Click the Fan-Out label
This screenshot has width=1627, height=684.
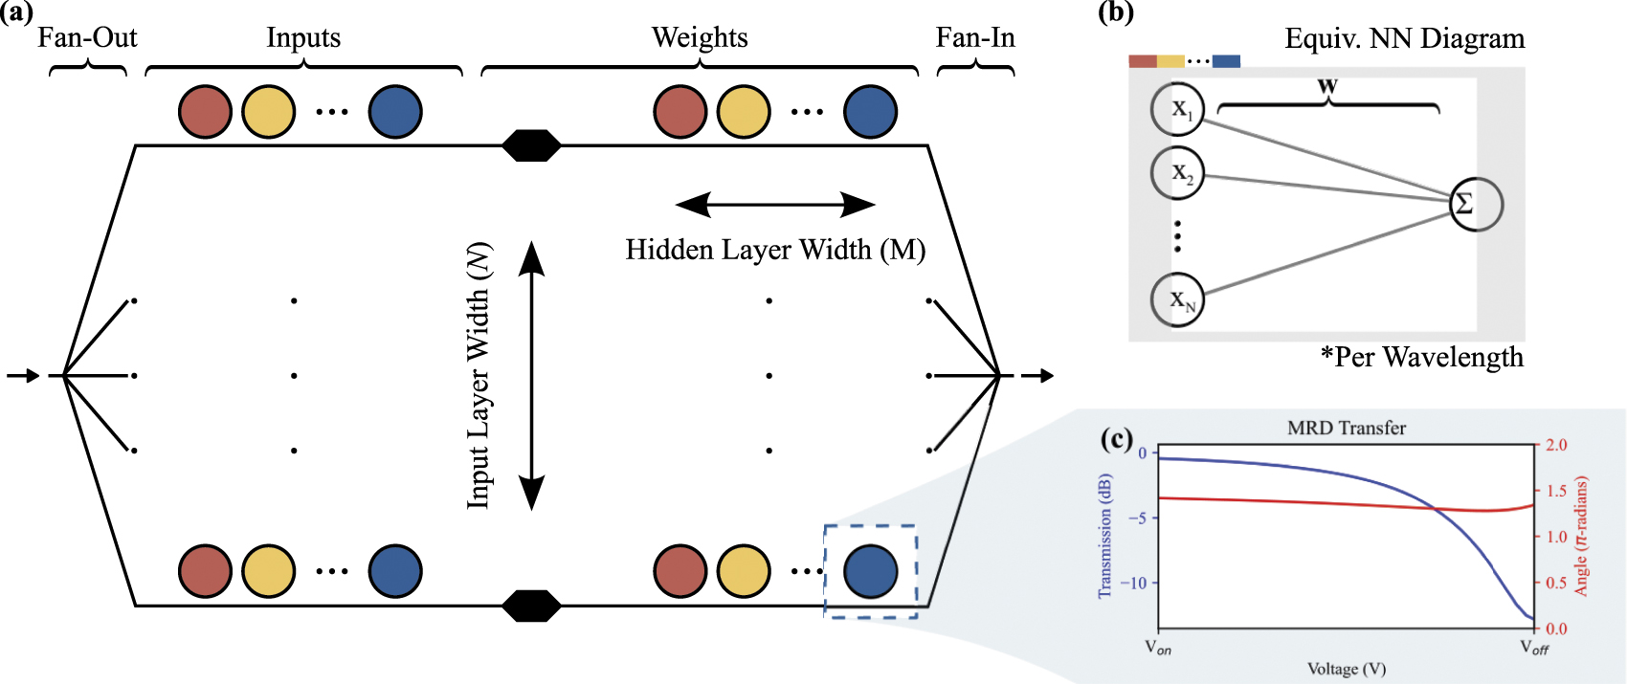point(87,37)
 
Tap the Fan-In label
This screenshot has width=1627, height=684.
point(974,37)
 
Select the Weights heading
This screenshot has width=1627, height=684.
point(700,37)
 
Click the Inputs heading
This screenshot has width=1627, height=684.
point(302,37)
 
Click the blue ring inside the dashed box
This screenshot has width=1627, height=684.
point(870,571)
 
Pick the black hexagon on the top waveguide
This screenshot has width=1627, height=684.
point(531,145)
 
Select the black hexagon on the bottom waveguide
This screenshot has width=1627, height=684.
point(531,606)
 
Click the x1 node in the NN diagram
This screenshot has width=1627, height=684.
point(1177,109)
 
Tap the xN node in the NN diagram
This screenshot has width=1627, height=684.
point(1177,299)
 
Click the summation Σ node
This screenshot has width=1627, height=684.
point(1475,204)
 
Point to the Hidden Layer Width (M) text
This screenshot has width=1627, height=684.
point(775,250)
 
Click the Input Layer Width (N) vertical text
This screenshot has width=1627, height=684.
point(479,375)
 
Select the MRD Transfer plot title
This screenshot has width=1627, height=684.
point(1346,428)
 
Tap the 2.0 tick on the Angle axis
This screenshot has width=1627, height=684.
point(1556,445)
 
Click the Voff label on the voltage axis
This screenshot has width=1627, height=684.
point(1533,648)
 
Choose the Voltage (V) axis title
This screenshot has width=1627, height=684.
point(1347,669)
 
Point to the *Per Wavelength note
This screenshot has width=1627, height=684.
point(1421,357)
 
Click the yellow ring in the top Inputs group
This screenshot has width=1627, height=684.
point(268,111)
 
